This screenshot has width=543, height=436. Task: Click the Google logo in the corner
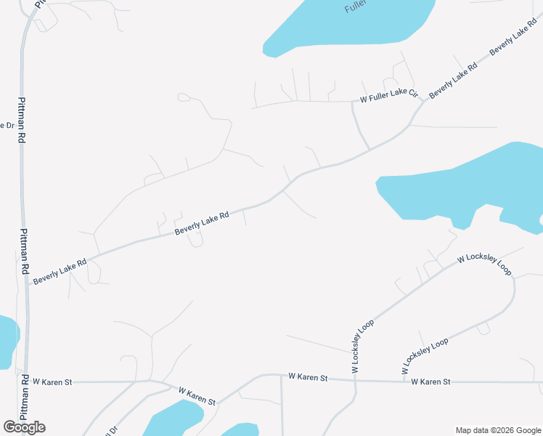click(24, 427)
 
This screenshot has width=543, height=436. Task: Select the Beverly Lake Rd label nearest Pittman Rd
click(60, 270)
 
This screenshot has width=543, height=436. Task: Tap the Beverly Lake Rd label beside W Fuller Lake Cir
click(452, 81)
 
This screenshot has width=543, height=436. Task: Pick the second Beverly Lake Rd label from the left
click(202, 223)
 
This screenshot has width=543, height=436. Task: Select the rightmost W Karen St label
click(430, 381)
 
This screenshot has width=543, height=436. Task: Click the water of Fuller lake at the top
click(341, 29)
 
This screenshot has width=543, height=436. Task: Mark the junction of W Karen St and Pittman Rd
click(26, 381)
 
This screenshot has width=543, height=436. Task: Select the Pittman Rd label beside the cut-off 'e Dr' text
click(22, 119)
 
